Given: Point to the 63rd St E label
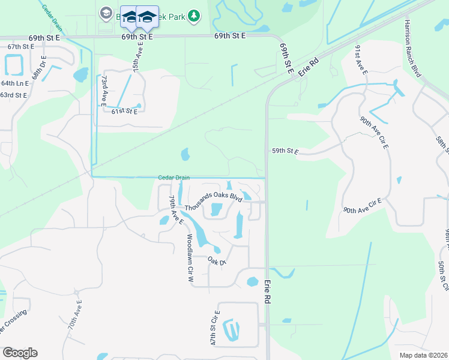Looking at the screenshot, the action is (13, 95).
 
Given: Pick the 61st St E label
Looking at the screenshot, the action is (124, 111).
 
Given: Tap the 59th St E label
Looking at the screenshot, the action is (285, 151).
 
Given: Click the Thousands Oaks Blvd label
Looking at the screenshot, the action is (213, 202).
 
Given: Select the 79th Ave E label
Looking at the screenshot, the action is (176, 209).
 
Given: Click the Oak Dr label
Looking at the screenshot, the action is (216, 262).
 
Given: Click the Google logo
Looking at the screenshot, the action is (20, 353).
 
